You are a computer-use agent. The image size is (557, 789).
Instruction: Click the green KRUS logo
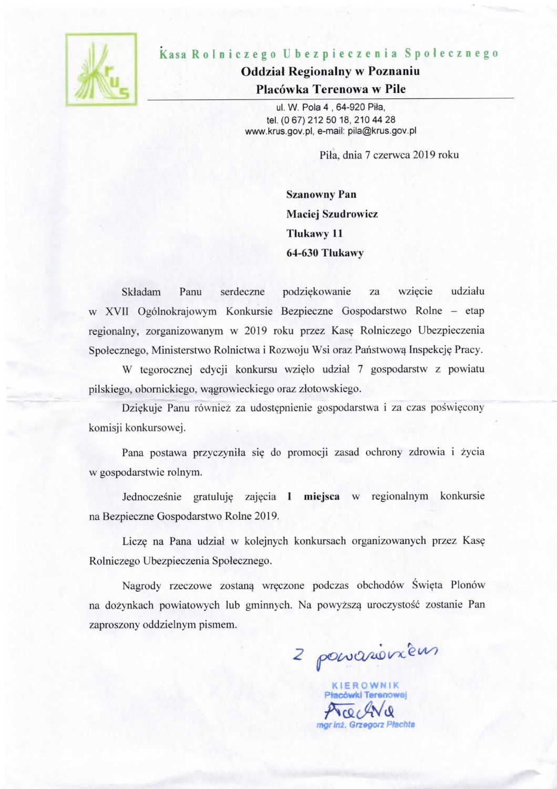click(x=101, y=69)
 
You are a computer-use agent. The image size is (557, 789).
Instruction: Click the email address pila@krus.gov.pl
click(x=382, y=131)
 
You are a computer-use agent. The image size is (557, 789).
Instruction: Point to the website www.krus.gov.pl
click(x=280, y=131)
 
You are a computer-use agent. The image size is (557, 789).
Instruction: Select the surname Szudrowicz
click(x=349, y=214)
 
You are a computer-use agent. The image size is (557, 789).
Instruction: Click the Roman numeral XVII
click(x=117, y=311)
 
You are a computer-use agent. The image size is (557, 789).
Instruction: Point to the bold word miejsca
click(x=322, y=496)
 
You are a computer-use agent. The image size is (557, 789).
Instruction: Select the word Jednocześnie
click(x=151, y=497)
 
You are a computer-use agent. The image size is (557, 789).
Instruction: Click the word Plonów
click(x=467, y=585)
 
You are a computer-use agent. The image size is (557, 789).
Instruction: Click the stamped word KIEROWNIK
click(x=366, y=685)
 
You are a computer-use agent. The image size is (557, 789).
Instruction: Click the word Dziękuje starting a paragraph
click(x=142, y=408)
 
